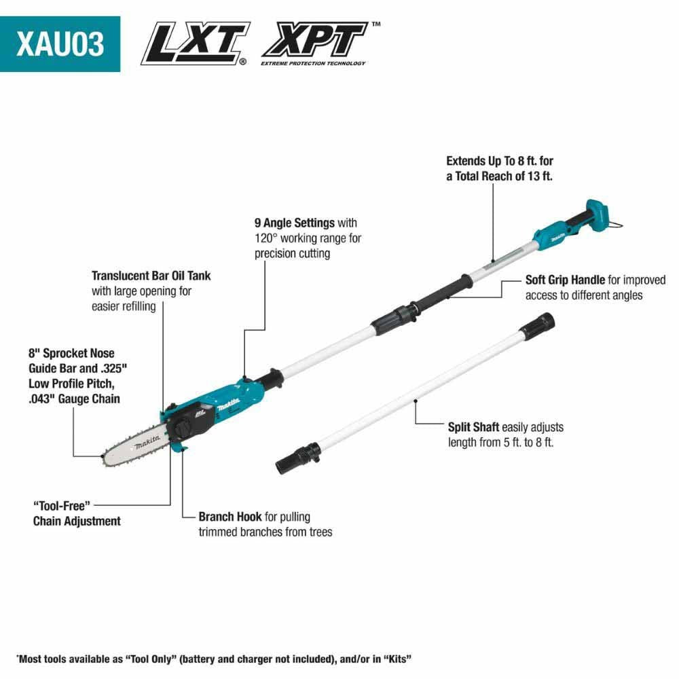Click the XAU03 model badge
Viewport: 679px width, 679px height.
(x=60, y=43)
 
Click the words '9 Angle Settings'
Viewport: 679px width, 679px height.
(x=295, y=223)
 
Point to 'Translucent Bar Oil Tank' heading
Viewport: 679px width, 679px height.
(x=151, y=276)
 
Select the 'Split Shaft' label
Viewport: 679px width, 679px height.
(x=473, y=427)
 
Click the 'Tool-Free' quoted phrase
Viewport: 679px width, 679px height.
(x=62, y=505)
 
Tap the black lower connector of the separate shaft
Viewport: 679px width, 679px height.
(x=299, y=456)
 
